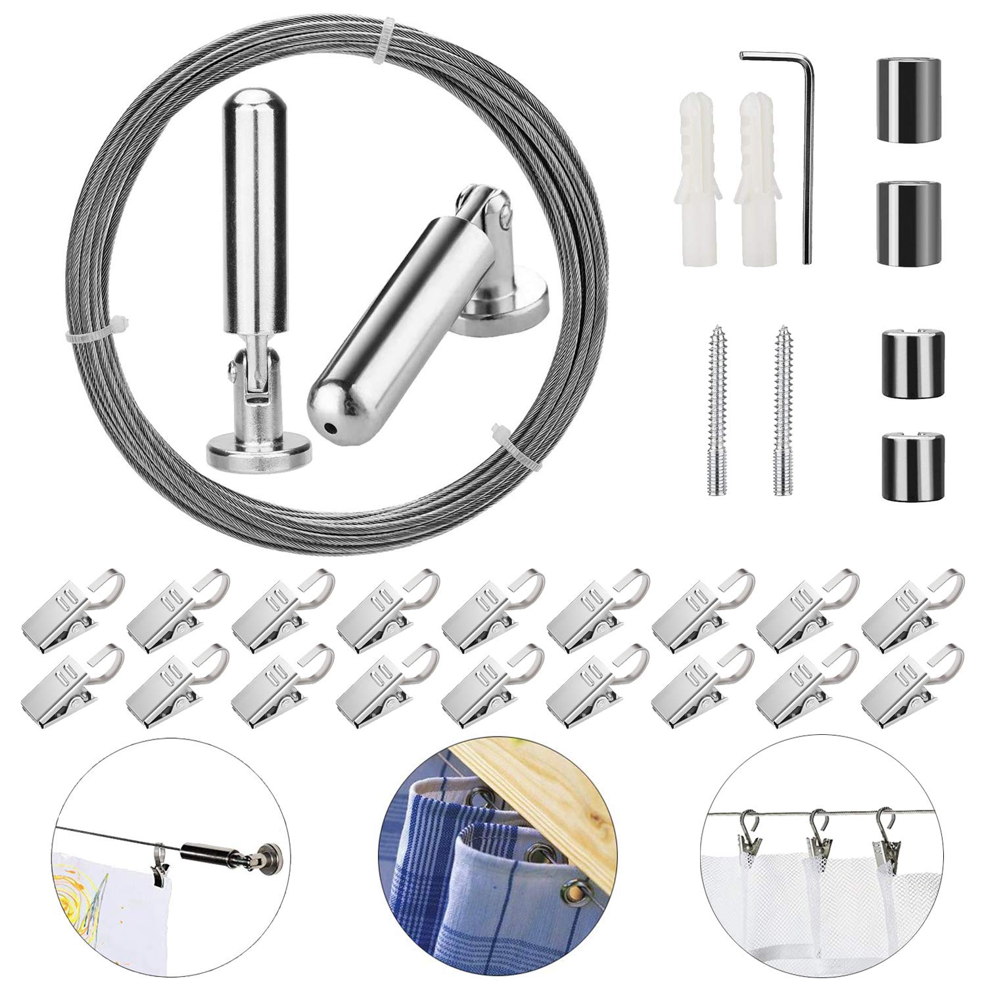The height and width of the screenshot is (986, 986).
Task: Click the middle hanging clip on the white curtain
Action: (818, 845)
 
